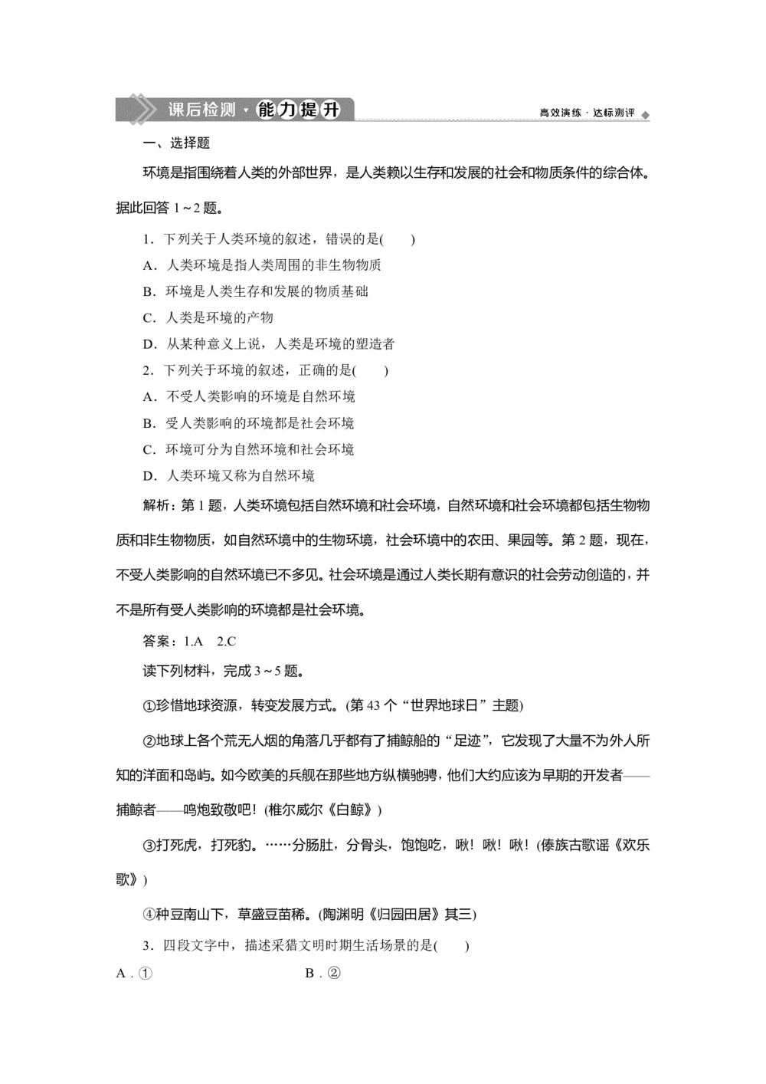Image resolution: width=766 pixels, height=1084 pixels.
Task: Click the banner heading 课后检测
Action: (x=201, y=110)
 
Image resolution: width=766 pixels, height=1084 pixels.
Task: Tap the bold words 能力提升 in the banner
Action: (x=298, y=110)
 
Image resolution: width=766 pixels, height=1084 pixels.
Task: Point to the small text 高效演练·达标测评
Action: (x=587, y=113)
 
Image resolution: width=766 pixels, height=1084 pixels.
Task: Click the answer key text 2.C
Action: (x=226, y=641)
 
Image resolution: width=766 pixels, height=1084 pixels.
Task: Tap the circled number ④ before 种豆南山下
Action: (x=149, y=914)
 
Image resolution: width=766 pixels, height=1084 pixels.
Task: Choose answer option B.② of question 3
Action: (x=322, y=974)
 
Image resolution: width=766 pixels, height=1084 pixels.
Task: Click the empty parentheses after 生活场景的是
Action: (x=452, y=945)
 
